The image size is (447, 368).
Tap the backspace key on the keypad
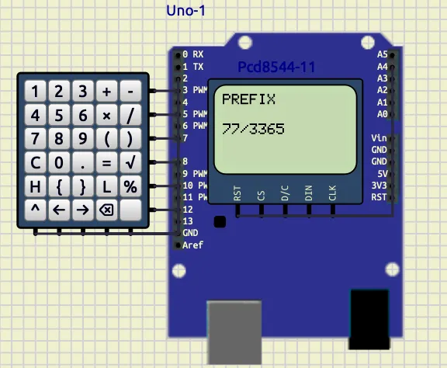coord(106,210)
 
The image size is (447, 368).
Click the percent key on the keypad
coord(130,186)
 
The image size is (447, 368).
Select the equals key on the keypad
coord(106,162)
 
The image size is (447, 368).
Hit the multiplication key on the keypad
coord(106,115)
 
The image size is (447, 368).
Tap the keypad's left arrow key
coord(59,210)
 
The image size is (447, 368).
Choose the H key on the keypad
coord(36,186)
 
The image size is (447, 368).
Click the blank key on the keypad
coord(130,210)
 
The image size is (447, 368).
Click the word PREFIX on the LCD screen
coord(248,99)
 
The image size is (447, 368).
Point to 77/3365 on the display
coord(253,129)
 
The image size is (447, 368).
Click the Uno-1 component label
coord(185,11)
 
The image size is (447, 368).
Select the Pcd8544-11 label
coord(276,67)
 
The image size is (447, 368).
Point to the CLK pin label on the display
coord(332,193)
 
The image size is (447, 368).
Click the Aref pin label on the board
coord(192,245)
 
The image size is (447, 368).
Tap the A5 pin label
coord(383,54)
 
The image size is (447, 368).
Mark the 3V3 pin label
coord(379,186)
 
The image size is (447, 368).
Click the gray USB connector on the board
coord(234,332)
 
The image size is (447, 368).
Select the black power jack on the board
coord(369,320)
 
